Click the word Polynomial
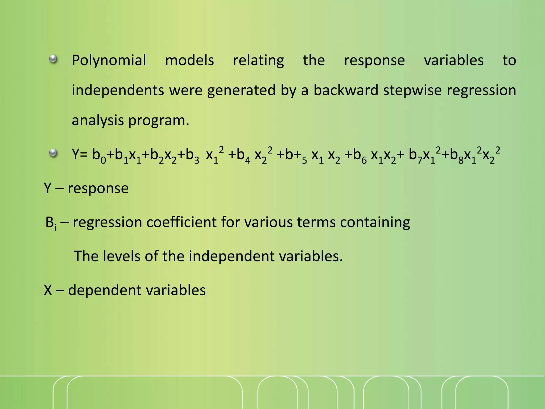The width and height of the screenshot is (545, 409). [x=109, y=60]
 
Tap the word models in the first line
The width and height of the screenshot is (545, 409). [x=189, y=60]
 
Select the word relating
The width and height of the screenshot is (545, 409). [x=258, y=60]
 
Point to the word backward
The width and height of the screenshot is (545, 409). [x=346, y=90]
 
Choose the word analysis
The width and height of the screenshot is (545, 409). [x=98, y=120]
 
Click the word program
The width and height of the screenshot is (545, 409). [x=159, y=120]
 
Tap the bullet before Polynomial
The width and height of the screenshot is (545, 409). [x=53, y=59]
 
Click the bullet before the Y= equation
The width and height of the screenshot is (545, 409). [x=53, y=153]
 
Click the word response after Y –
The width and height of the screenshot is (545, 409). [x=98, y=189]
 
